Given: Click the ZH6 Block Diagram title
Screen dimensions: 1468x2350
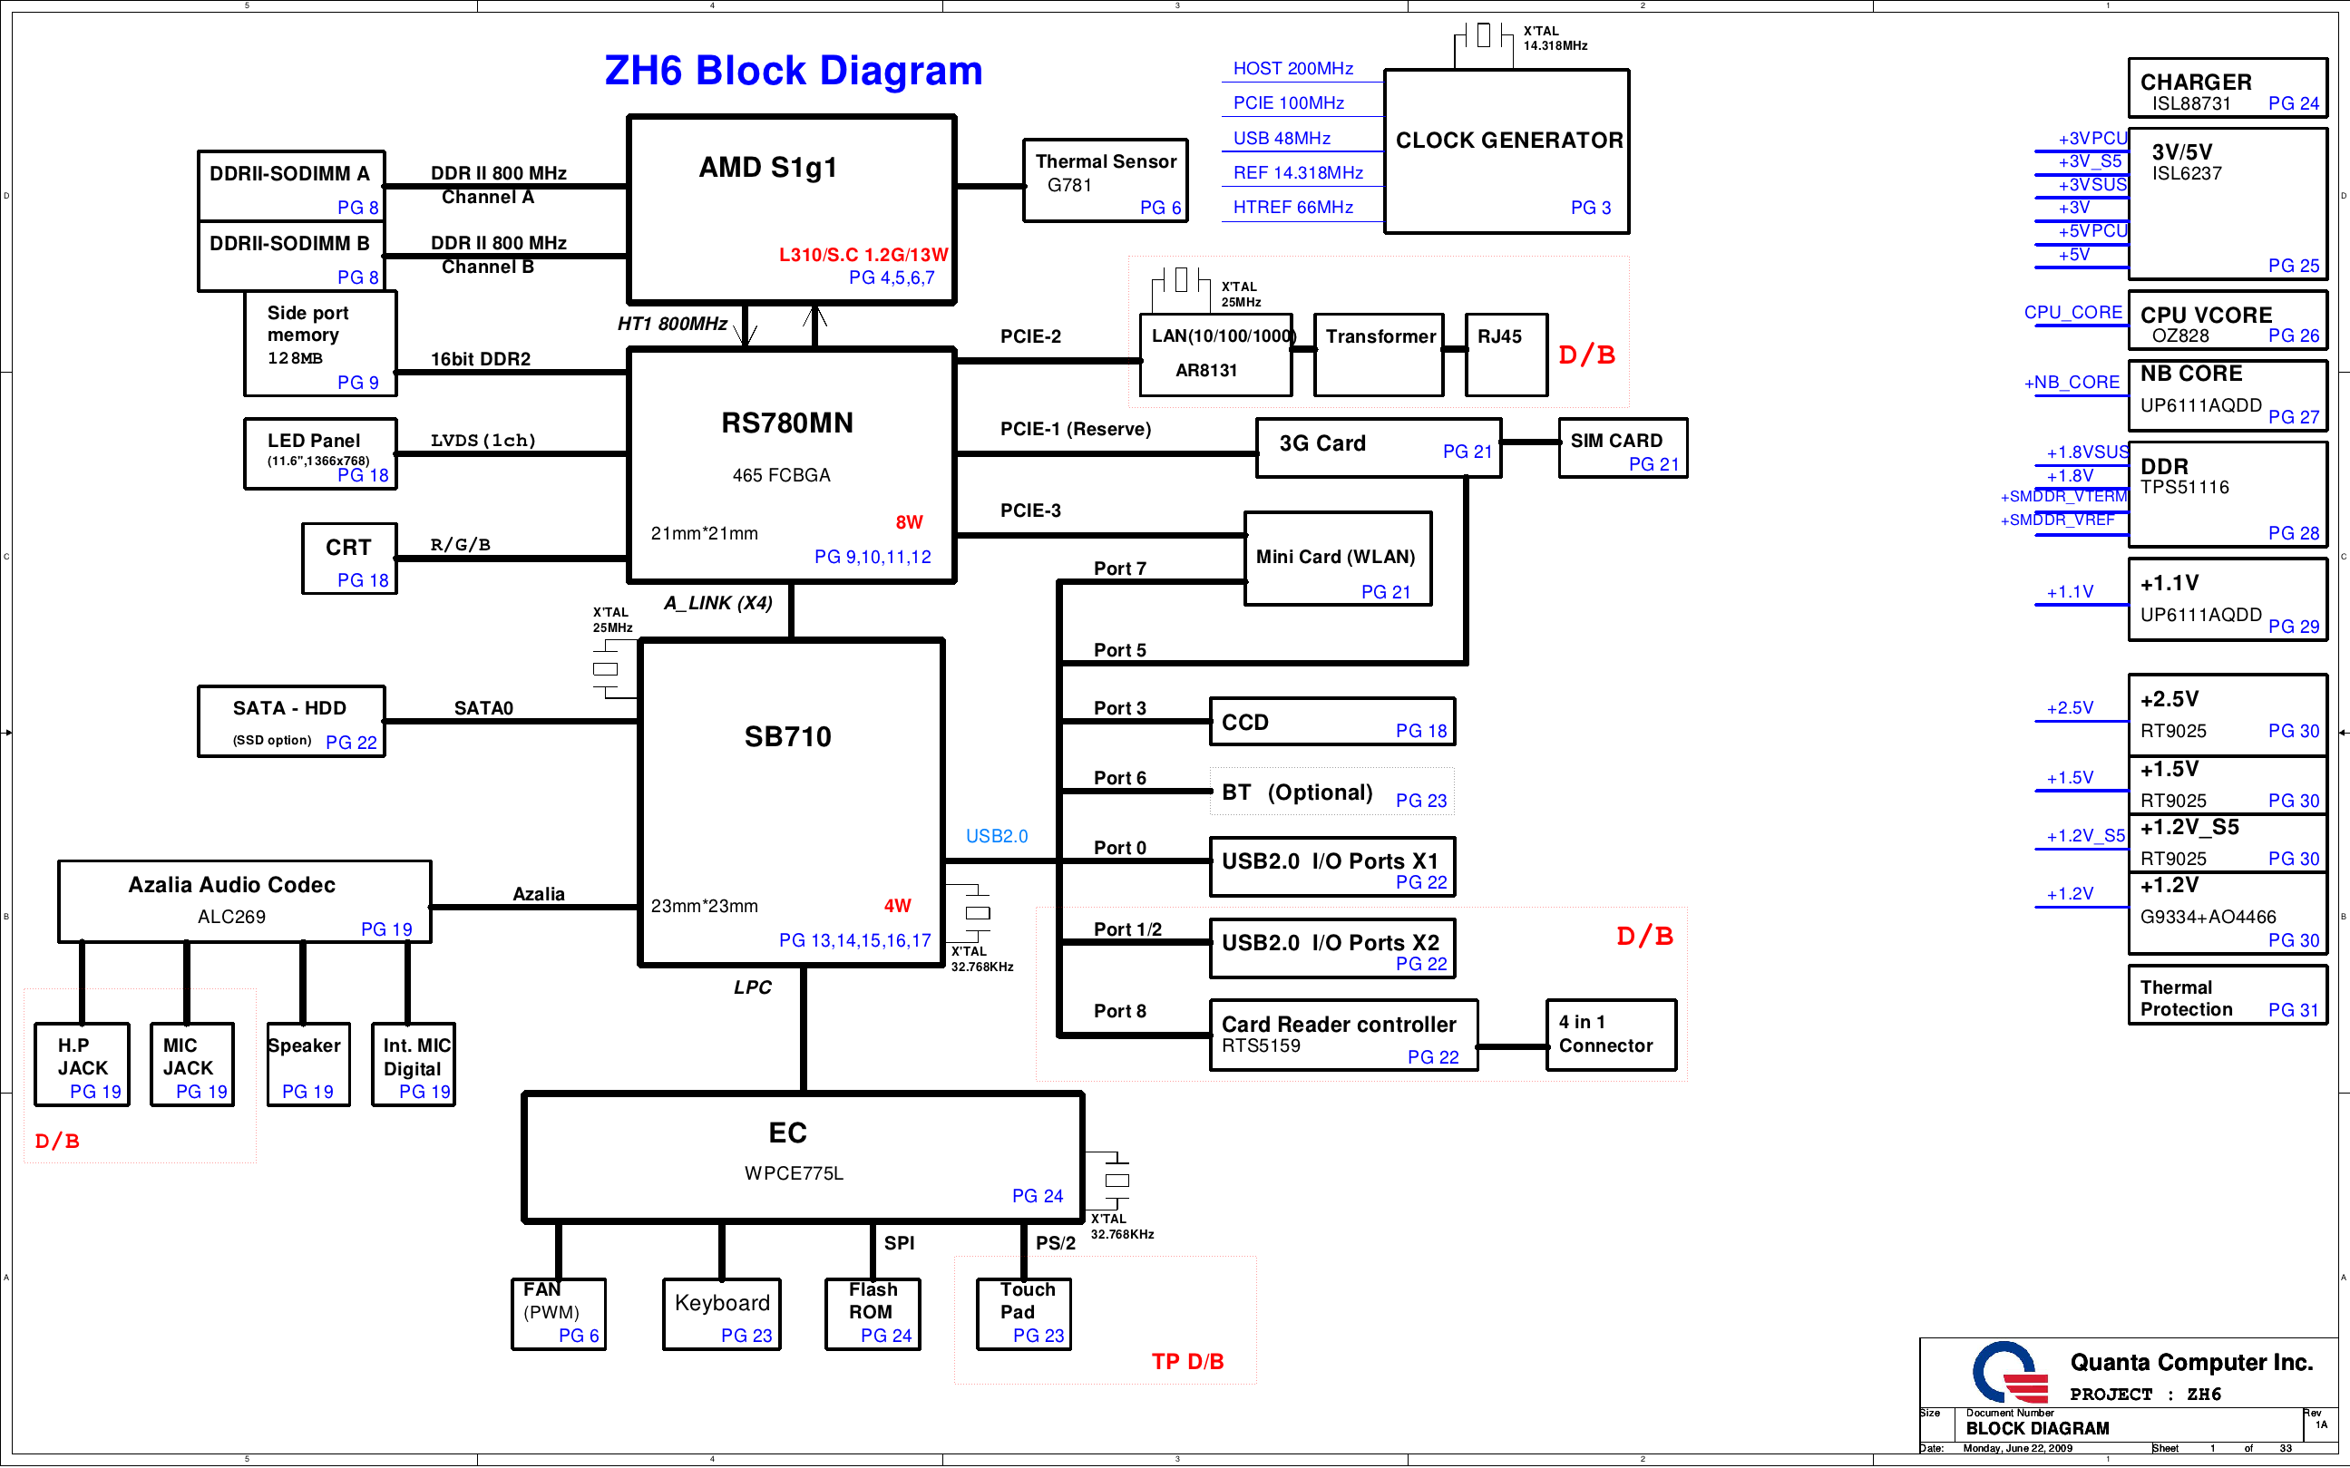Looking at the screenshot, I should [x=793, y=71].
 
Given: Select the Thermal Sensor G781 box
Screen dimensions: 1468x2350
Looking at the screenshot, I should [x=1105, y=180].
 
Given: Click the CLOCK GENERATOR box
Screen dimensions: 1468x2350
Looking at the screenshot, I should [x=1507, y=151].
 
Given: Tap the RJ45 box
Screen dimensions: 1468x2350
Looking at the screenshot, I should [x=1506, y=355].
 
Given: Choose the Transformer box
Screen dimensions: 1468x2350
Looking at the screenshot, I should [x=1378, y=355].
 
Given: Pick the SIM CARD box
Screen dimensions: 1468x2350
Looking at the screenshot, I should [x=1622, y=449].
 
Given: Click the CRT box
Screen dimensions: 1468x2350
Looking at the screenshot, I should [x=348, y=559].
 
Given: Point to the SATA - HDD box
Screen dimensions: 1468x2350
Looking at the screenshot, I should [x=290, y=722].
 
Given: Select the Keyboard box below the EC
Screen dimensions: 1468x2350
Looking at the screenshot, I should [x=722, y=1314].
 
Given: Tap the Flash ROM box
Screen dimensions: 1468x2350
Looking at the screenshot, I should [x=872, y=1314].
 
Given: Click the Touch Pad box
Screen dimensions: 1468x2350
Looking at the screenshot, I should [x=1022, y=1314].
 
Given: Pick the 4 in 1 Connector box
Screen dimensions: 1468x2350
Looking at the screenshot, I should [x=1610, y=1035].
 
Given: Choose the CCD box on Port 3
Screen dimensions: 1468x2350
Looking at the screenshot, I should [x=1331, y=722].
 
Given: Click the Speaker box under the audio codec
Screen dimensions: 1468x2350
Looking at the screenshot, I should [x=307, y=1065].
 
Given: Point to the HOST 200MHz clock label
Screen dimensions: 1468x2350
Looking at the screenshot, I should [x=1292, y=69].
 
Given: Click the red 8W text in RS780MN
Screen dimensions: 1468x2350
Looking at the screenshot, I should [x=909, y=522].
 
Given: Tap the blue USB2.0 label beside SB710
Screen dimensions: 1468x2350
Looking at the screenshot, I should [x=996, y=836].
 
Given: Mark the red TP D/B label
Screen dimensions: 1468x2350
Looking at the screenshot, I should [x=1186, y=1361].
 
